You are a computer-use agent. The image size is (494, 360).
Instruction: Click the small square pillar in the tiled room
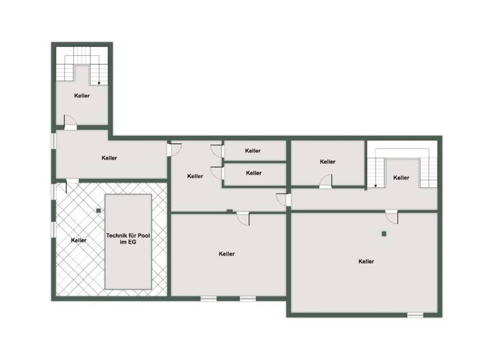[98, 210]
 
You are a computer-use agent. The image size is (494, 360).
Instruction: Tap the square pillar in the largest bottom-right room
[383, 233]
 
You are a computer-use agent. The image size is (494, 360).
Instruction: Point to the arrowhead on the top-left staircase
[98, 83]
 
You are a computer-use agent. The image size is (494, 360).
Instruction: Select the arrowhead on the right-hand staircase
[374, 187]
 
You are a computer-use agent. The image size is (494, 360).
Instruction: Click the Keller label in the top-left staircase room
[82, 96]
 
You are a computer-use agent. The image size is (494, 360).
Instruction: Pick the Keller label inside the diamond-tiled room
[79, 240]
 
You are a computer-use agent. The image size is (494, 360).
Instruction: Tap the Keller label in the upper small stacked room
[253, 151]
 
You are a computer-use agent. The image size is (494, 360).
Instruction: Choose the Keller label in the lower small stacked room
[254, 173]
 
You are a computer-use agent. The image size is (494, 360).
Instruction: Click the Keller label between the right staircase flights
[401, 177]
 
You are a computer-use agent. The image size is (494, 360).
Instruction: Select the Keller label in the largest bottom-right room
[367, 262]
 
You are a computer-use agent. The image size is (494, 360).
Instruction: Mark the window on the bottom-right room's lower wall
[416, 315]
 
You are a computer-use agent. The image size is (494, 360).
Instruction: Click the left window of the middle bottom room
[208, 298]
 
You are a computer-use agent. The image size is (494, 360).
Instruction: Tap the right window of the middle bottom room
[248, 298]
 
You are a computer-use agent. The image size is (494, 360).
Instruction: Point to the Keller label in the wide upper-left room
[109, 157]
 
